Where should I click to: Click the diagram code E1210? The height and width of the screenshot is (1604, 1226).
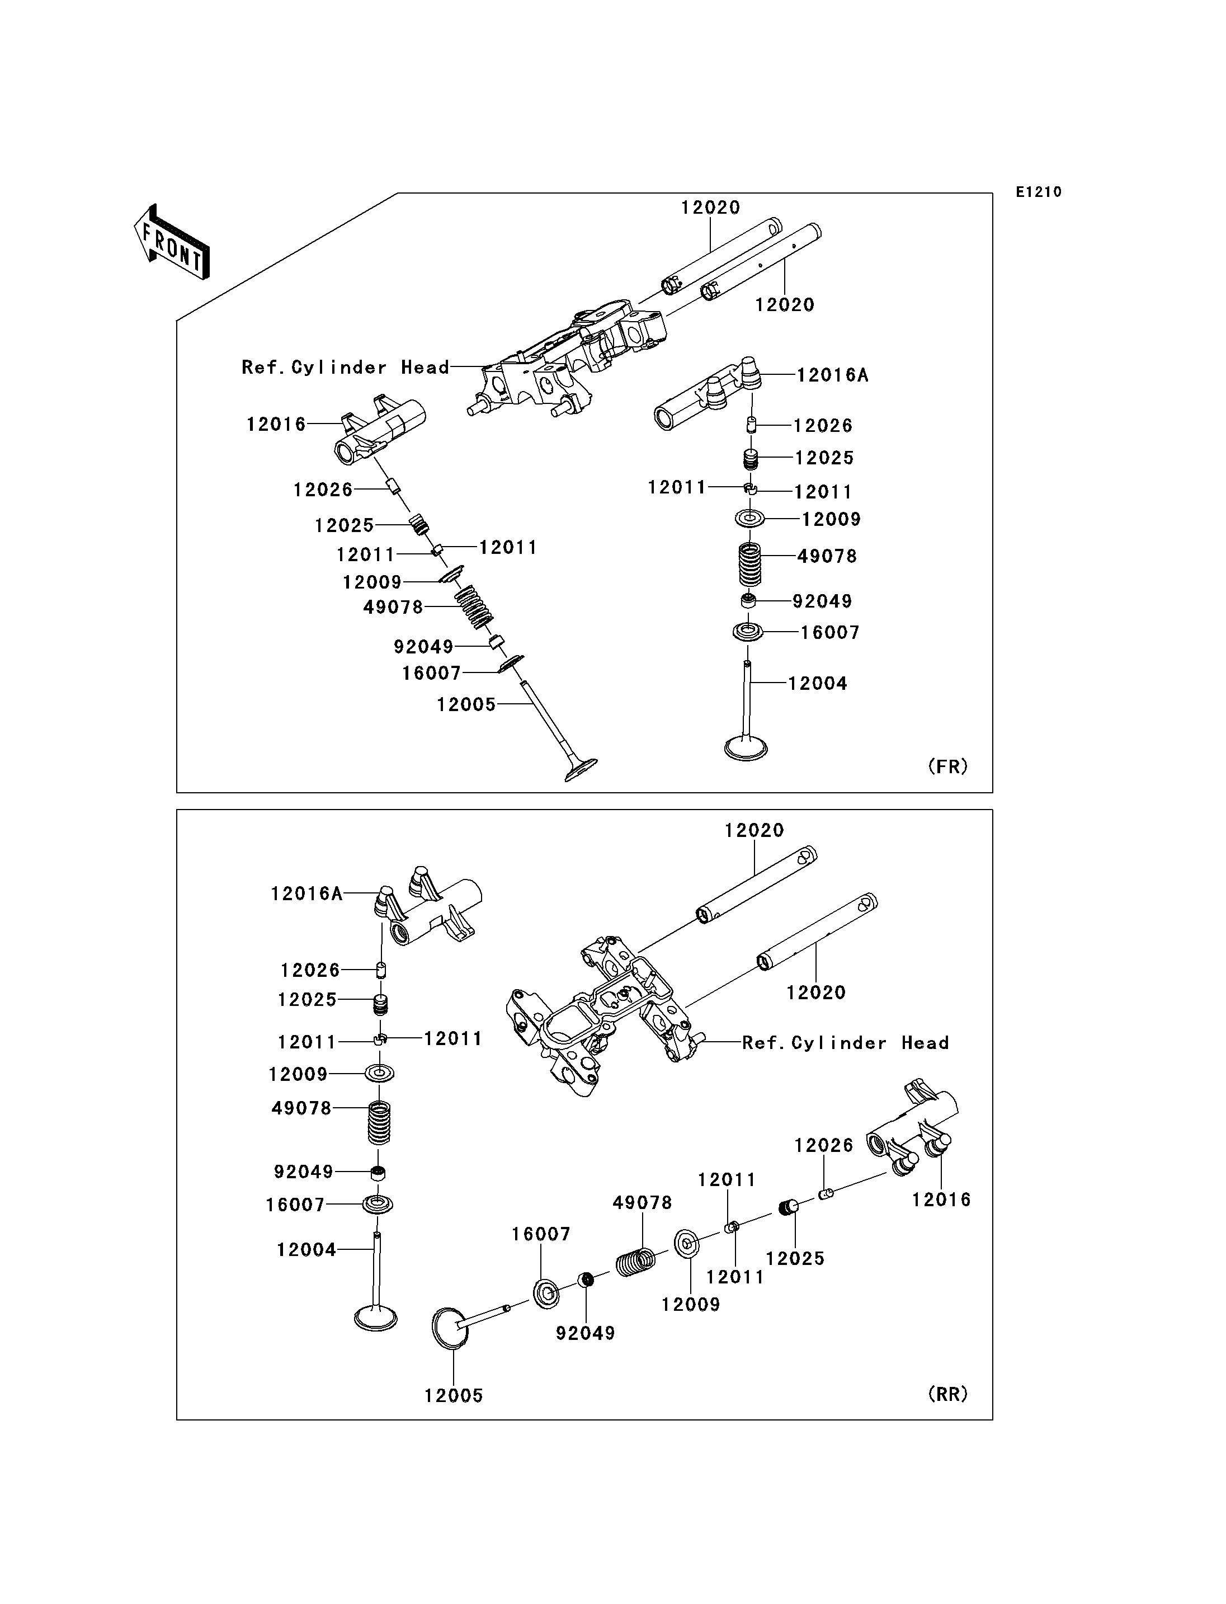(1039, 192)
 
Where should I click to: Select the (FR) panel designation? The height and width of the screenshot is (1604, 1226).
(948, 766)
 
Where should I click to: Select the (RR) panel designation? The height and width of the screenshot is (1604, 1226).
(948, 1394)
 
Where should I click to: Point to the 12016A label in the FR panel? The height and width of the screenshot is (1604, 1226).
(833, 375)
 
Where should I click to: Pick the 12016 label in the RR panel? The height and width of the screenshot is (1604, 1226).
(941, 1200)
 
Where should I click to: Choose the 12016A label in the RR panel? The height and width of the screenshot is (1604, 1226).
(306, 893)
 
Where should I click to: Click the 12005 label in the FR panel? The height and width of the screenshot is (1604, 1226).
(466, 704)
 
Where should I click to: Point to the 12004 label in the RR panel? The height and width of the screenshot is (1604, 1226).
(306, 1250)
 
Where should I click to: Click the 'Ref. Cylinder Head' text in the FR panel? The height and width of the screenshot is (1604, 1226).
(345, 367)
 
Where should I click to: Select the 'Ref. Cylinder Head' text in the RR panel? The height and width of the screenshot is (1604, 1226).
(846, 1042)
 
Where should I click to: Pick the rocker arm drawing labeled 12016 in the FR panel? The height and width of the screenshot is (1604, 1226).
(379, 431)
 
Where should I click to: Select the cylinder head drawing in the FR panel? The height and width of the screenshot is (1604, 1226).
(565, 358)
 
